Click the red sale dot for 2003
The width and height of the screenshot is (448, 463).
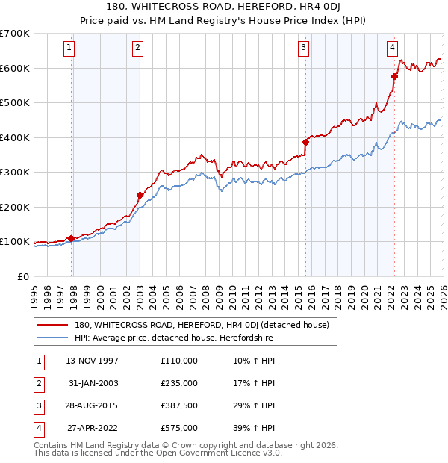click(x=140, y=195)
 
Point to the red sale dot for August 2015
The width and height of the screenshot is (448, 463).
click(x=305, y=142)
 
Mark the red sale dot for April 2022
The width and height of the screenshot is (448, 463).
click(x=394, y=76)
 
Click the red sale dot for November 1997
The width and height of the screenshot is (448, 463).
click(x=72, y=238)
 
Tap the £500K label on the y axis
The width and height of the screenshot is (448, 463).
click(x=15, y=103)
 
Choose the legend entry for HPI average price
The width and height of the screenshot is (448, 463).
click(x=173, y=338)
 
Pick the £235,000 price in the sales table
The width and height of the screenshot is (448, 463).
click(x=179, y=382)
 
